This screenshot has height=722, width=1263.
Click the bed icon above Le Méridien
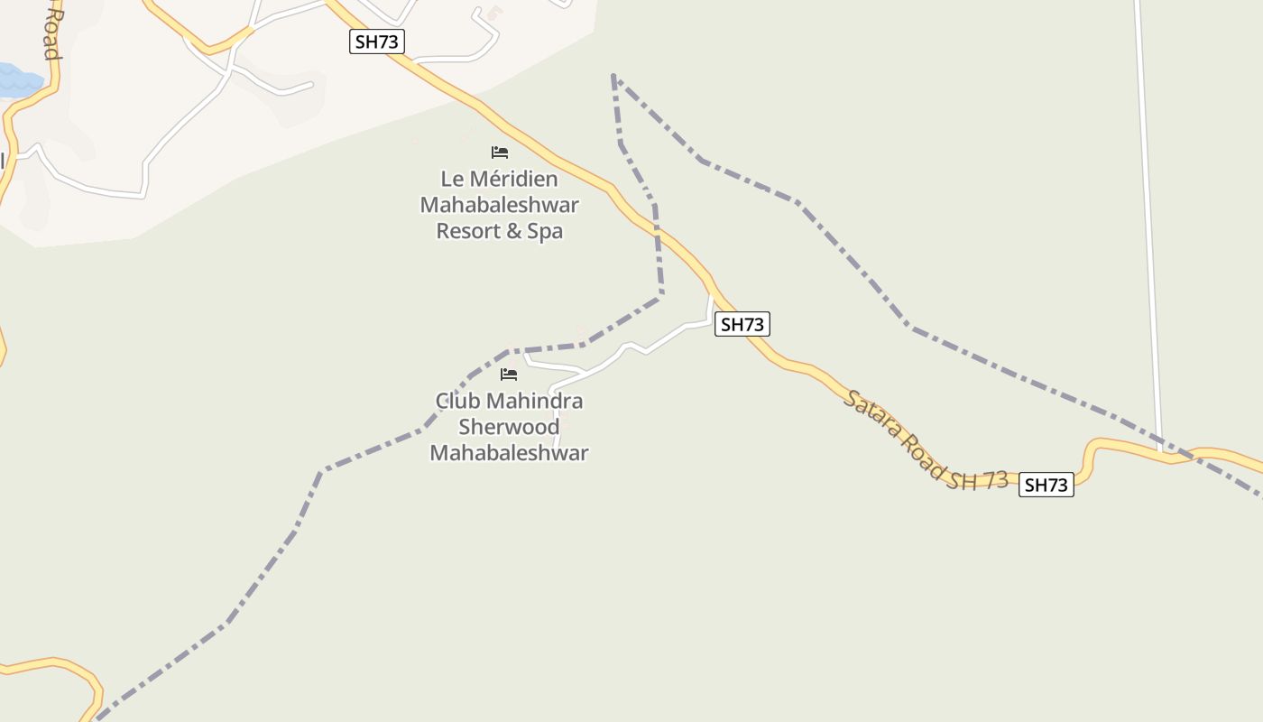(500, 152)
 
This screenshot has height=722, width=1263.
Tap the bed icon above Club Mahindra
(509, 374)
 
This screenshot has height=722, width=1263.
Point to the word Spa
(545, 231)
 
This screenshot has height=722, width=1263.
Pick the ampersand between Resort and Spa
(512, 231)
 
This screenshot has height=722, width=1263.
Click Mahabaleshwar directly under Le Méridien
(499, 205)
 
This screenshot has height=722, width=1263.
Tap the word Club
(455, 401)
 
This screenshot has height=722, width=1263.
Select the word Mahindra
(532, 401)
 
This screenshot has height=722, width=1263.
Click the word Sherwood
(509, 426)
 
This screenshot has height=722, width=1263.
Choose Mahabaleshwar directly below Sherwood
(509, 452)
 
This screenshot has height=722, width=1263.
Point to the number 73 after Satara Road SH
(996, 480)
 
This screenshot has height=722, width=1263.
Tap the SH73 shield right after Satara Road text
(1046, 485)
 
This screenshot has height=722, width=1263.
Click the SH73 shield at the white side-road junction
(742, 324)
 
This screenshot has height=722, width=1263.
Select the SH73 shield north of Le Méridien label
(377, 42)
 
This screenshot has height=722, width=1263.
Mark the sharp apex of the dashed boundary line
(613, 76)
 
